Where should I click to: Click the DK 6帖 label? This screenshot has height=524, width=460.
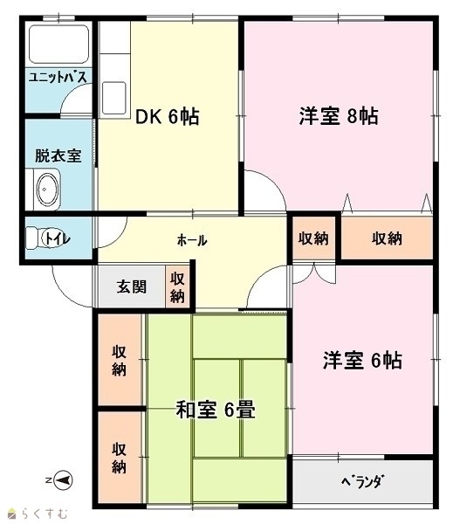[x=167, y=117]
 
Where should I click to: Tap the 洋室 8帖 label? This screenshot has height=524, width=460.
[x=339, y=116]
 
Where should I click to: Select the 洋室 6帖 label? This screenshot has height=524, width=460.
[x=362, y=360]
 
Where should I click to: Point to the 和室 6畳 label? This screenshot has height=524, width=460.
[x=216, y=410]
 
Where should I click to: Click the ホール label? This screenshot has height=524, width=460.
[x=192, y=240]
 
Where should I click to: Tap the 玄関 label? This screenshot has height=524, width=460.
[x=132, y=286]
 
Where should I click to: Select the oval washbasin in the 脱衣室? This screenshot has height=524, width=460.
[x=48, y=190]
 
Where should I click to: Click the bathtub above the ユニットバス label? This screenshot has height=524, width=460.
[x=58, y=45]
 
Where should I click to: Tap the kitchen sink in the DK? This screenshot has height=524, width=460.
[x=114, y=98]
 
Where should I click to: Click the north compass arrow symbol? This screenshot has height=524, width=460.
[x=63, y=480]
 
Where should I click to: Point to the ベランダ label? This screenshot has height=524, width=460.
[x=362, y=481]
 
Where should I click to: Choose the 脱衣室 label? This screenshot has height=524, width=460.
[x=58, y=155]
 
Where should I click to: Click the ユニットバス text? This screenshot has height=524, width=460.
[x=58, y=77]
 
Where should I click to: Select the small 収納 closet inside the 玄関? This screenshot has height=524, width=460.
[x=177, y=286]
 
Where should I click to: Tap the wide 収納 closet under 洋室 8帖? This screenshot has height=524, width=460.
[x=387, y=238]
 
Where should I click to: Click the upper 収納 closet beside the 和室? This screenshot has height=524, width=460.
[x=120, y=360]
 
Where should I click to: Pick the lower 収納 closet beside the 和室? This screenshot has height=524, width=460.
[x=120, y=458]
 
